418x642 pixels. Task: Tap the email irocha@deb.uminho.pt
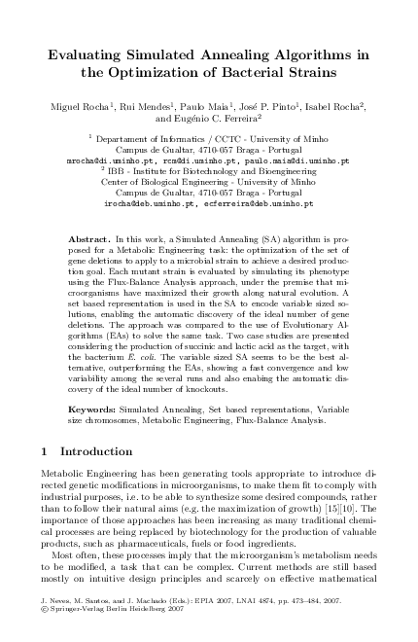151,205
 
